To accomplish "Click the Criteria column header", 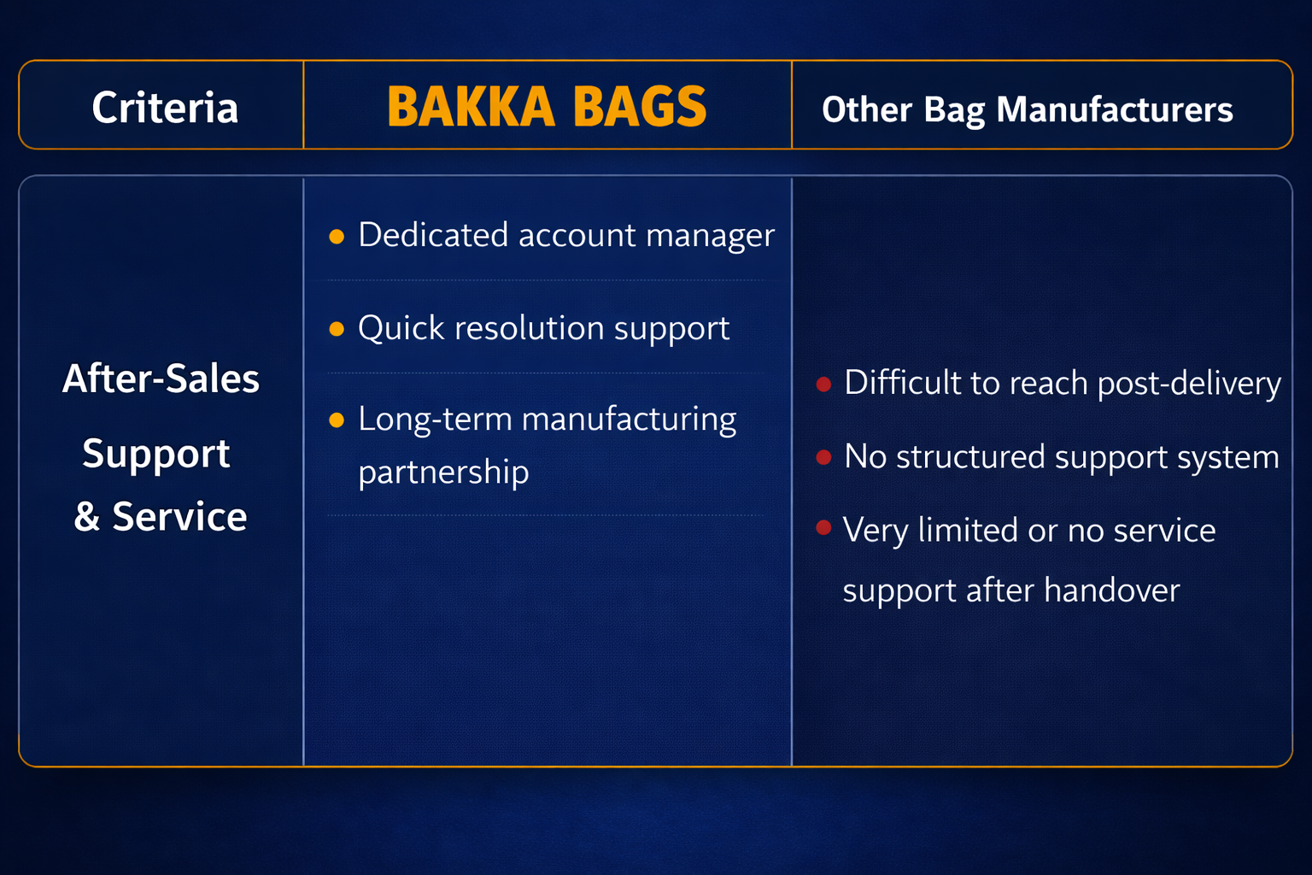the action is pyautogui.click(x=165, y=108).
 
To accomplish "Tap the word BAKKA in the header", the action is pyautogui.click(x=471, y=107).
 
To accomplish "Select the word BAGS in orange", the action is pyautogui.click(x=640, y=107).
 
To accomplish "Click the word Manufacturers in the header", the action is pyautogui.click(x=1115, y=109).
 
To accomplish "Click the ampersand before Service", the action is pyautogui.click(x=86, y=516).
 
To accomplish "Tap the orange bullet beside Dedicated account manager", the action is pyautogui.click(x=337, y=236).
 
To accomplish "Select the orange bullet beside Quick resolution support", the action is pyautogui.click(x=337, y=329).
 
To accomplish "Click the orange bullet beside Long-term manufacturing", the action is pyautogui.click(x=337, y=420).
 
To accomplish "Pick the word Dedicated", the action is pyautogui.click(x=433, y=234).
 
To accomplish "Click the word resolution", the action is pyautogui.click(x=530, y=327).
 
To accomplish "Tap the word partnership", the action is pyautogui.click(x=443, y=471).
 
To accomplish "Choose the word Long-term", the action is pyautogui.click(x=435, y=420).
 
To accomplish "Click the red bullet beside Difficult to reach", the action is pyautogui.click(x=824, y=384).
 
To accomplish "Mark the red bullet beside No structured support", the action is pyautogui.click(x=824, y=457).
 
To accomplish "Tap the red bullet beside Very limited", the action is pyautogui.click(x=824, y=527).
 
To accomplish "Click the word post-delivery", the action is pyautogui.click(x=1189, y=384).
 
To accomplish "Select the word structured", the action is pyautogui.click(x=970, y=456).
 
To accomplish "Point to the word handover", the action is pyautogui.click(x=1111, y=590).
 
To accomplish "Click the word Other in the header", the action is pyautogui.click(x=867, y=109).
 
